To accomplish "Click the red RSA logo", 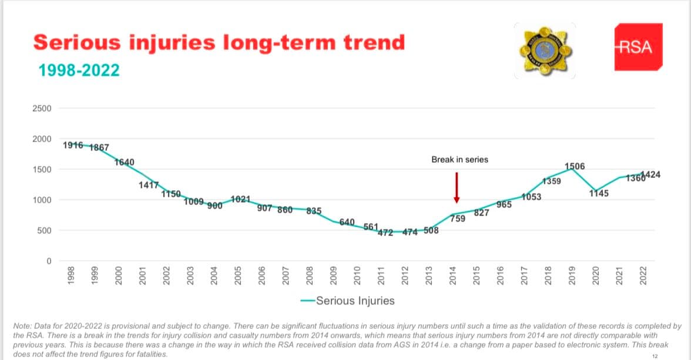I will [638, 47].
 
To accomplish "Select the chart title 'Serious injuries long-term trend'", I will [219, 42].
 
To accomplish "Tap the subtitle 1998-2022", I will [79, 70].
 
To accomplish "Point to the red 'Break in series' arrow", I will [457, 187].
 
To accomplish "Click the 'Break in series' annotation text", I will [459, 159].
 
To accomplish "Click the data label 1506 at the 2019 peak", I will [575, 166].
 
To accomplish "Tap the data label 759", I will [458, 218].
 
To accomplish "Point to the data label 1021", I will [241, 199].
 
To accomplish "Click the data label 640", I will [347, 222].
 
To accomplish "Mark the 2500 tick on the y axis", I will [45, 109].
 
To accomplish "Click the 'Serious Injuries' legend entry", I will [355, 301].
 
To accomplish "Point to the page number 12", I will [655, 356].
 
